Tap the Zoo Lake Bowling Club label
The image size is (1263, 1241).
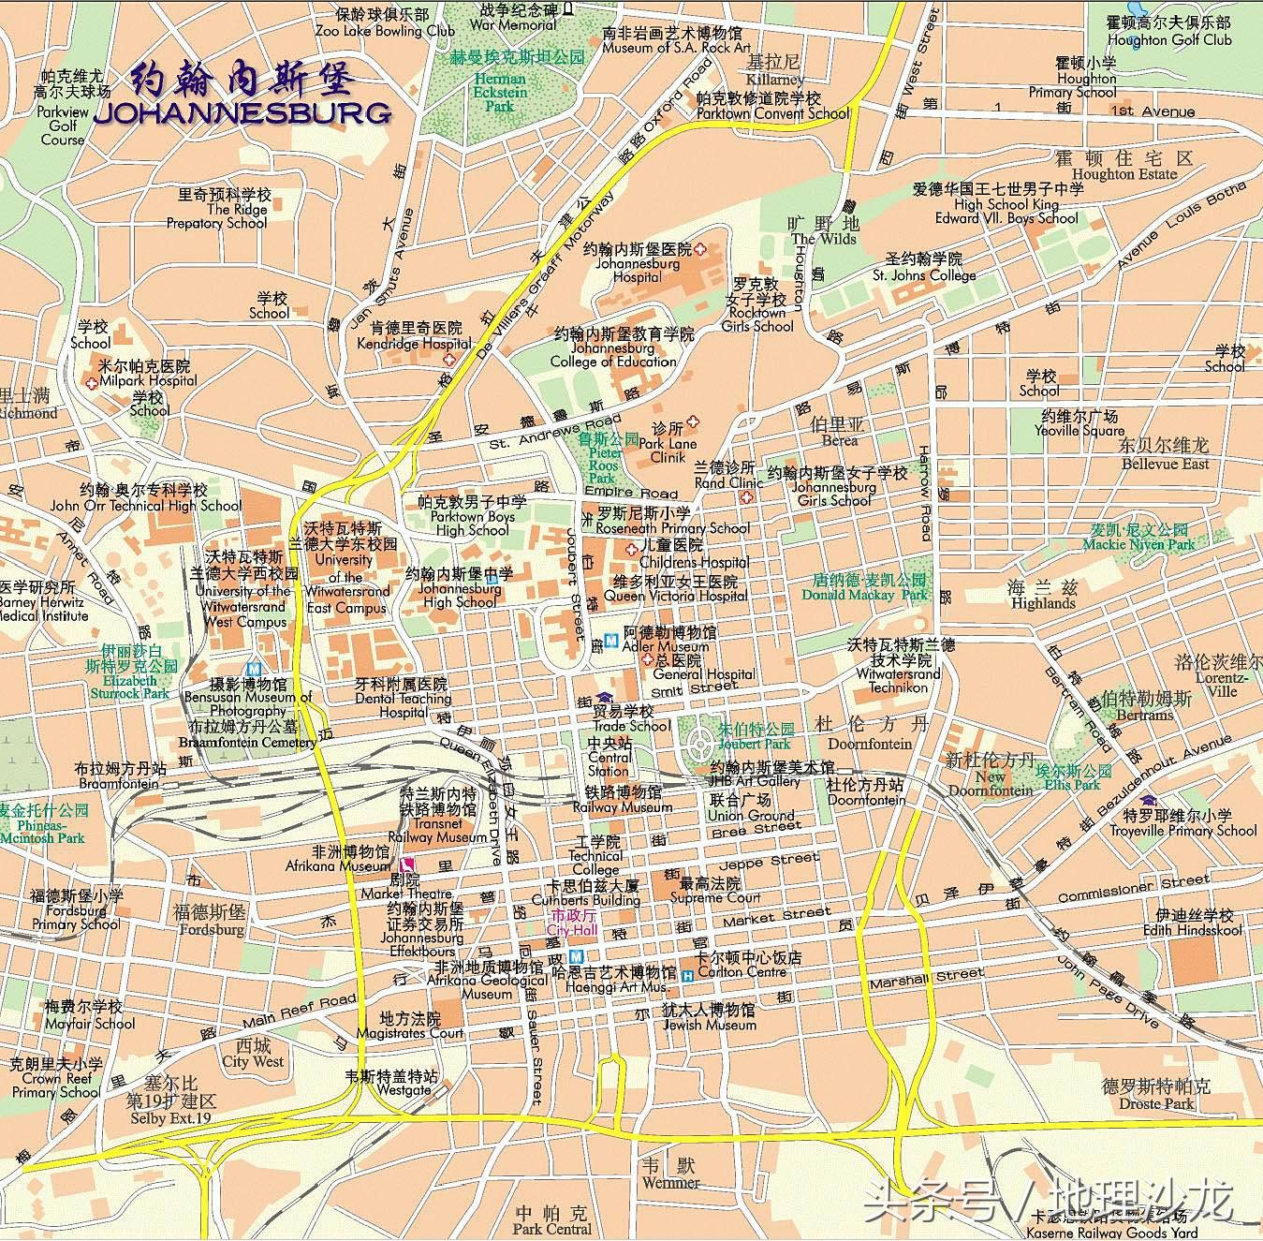[384, 31]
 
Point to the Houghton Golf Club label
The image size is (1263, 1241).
[1168, 40]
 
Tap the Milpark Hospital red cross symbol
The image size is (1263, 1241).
[91, 382]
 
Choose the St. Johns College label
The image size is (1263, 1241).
[924, 275]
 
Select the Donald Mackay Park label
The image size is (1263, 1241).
[864, 594]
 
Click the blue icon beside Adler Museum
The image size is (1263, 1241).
[611, 641]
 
